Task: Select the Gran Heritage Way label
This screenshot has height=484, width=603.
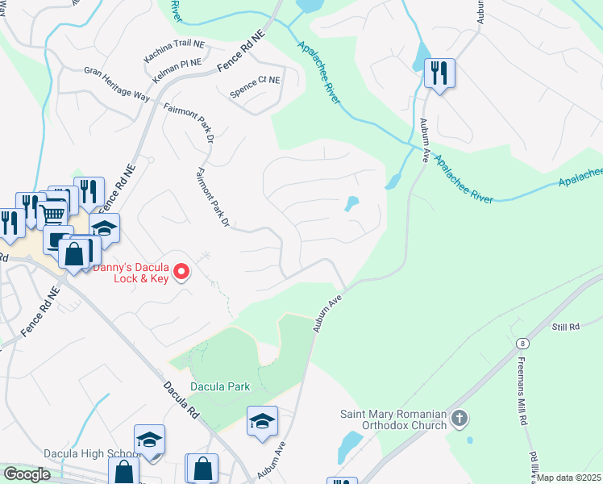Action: pyautogui.click(x=117, y=83)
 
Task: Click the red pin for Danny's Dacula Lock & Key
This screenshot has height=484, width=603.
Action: pyautogui.click(x=182, y=273)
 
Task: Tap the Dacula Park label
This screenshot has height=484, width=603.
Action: pyautogui.click(x=220, y=386)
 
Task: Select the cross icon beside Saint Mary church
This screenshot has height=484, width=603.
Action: pyautogui.click(x=460, y=419)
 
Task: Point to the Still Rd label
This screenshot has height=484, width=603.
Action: pyautogui.click(x=565, y=327)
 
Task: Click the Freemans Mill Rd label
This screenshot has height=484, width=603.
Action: pyautogui.click(x=523, y=391)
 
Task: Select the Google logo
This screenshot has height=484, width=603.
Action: pyautogui.click(x=27, y=474)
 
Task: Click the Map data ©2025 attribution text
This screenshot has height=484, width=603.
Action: pyautogui.click(x=569, y=478)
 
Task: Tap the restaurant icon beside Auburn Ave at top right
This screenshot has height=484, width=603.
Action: pyautogui.click(x=439, y=73)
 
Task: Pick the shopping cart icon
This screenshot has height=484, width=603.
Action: pyautogui.click(x=52, y=214)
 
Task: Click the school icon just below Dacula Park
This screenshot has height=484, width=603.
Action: pyautogui.click(x=262, y=422)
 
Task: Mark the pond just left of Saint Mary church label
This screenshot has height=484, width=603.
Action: pyautogui.click(x=350, y=445)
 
